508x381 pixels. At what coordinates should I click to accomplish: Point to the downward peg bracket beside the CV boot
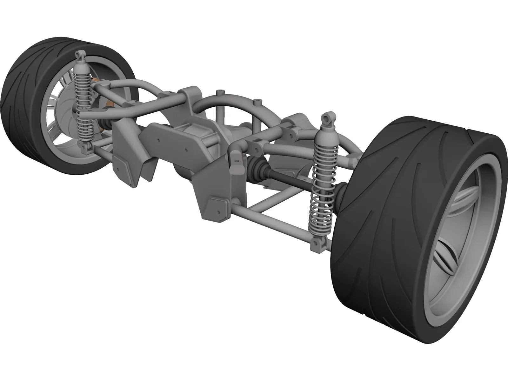(x=236, y=160)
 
